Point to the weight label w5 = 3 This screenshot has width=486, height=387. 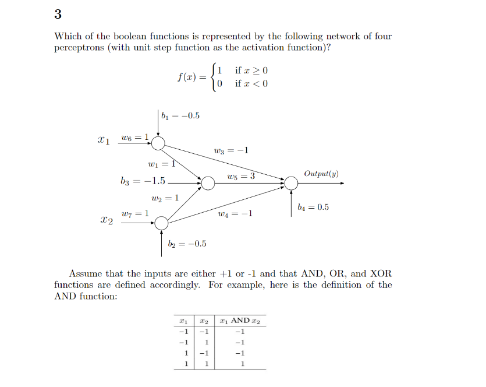click(x=242, y=176)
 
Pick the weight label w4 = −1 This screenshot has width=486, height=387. click(x=235, y=214)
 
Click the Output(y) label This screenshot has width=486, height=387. click(x=321, y=174)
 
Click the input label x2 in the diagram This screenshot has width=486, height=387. click(x=106, y=221)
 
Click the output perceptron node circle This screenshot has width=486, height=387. click(x=291, y=183)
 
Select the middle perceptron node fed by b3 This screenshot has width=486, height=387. click(x=208, y=183)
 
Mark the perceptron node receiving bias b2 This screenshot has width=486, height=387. click(x=161, y=223)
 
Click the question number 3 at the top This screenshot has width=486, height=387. click(x=58, y=14)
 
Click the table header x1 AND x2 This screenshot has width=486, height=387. click(x=239, y=321)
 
